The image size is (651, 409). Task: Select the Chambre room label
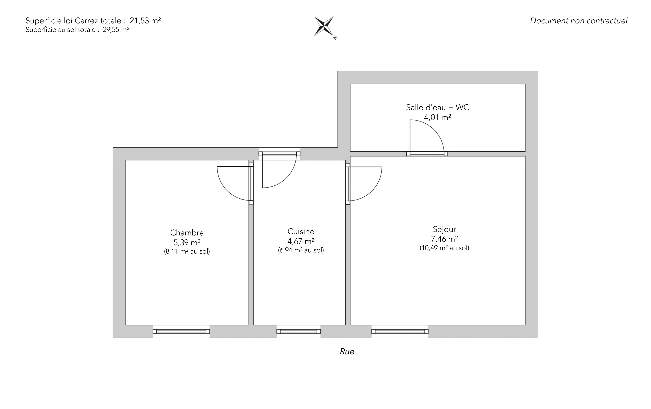(187, 233)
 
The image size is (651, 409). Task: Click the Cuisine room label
(301, 232)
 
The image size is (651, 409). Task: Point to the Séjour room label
(444, 229)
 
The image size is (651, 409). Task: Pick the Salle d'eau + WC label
(437, 107)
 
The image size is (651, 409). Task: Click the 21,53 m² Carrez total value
(145, 21)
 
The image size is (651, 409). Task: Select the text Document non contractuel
(579, 21)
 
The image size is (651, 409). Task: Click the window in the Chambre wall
(181, 331)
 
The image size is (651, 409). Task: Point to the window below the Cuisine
(298, 331)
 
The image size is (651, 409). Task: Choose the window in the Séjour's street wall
(400, 331)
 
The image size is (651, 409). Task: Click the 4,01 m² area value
(437, 117)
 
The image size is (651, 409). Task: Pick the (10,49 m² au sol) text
(444, 248)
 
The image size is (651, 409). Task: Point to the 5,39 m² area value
(187, 242)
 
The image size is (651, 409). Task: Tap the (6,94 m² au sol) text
(301, 250)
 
